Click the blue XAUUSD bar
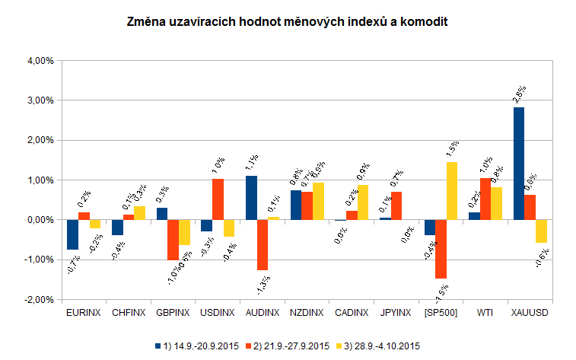pos(518,163)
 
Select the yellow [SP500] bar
pos(452,190)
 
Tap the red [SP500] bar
pos(441,249)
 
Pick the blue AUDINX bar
pos(251,197)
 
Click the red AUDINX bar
pos(263,244)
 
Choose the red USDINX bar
pos(218,199)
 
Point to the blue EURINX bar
pos(72,234)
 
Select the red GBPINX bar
pos(173,239)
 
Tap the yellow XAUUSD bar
pos(541,231)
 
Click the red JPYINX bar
pos(396,205)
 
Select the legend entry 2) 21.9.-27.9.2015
pos(289,346)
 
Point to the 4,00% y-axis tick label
pos(39,60)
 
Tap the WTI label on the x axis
pos(485,313)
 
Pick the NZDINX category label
pos(307,313)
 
